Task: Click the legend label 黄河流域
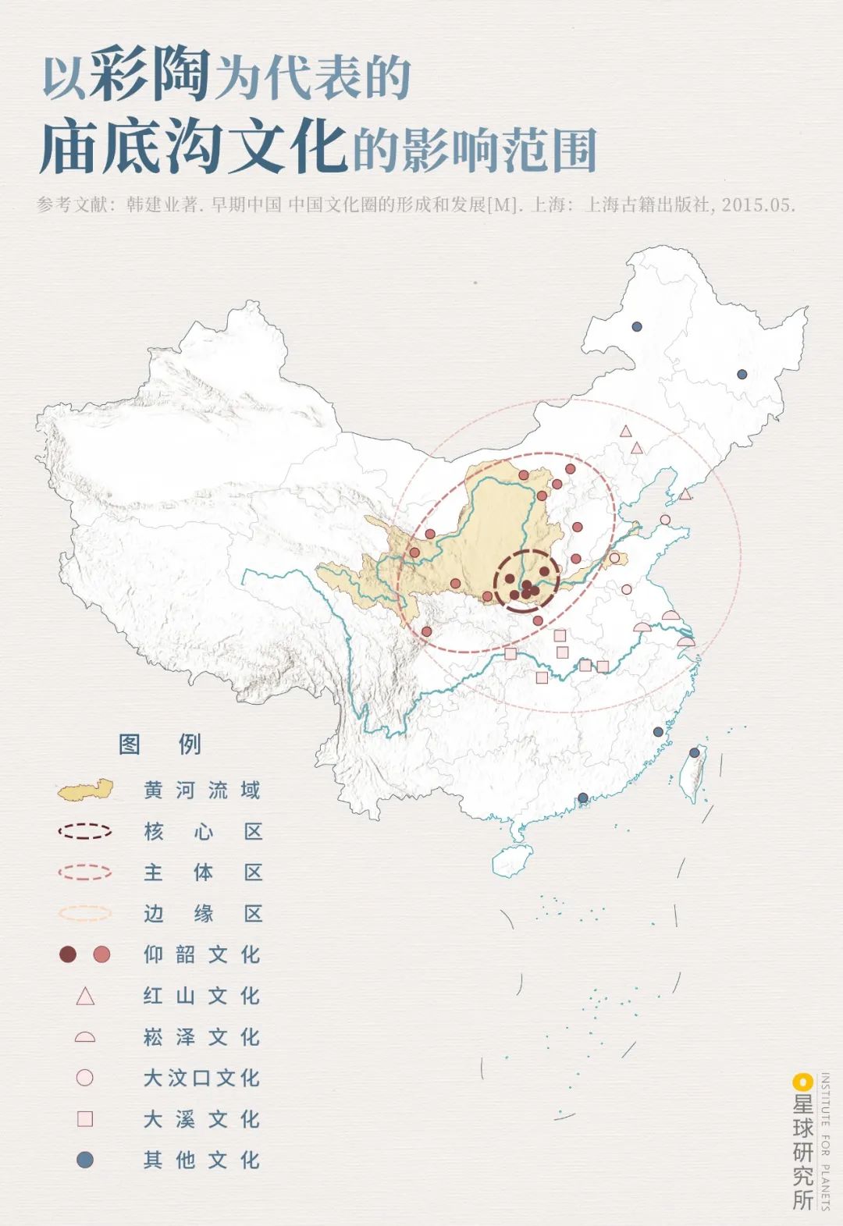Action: [201, 791]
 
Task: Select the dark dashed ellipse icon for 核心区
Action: [84, 831]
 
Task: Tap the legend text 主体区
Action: [201, 872]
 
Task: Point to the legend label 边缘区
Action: [201, 913]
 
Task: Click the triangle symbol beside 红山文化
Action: [85, 997]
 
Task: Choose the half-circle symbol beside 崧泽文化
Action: [85, 1037]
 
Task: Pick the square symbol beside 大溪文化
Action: [85, 1119]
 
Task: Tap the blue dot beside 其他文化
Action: [85, 1160]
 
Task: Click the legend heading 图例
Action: [160, 744]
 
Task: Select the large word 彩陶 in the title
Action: [149, 76]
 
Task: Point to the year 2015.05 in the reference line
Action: [757, 205]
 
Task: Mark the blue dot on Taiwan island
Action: [695, 752]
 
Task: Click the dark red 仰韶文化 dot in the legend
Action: [68, 954]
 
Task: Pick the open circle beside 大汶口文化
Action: [85, 1078]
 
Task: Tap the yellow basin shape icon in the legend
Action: [85, 791]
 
